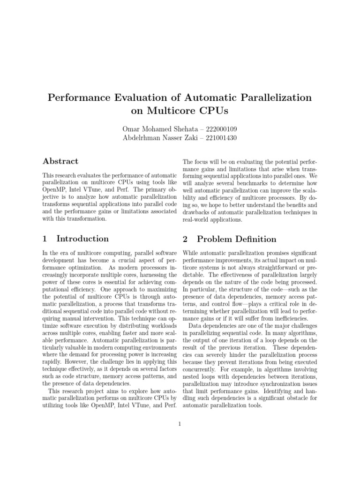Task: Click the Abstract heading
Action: (x=60, y=162)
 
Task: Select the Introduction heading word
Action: (x=82, y=239)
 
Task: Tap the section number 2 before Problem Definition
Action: (x=185, y=239)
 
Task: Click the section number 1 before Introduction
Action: (x=45, y=239)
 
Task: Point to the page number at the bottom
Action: (x=180, y=424)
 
